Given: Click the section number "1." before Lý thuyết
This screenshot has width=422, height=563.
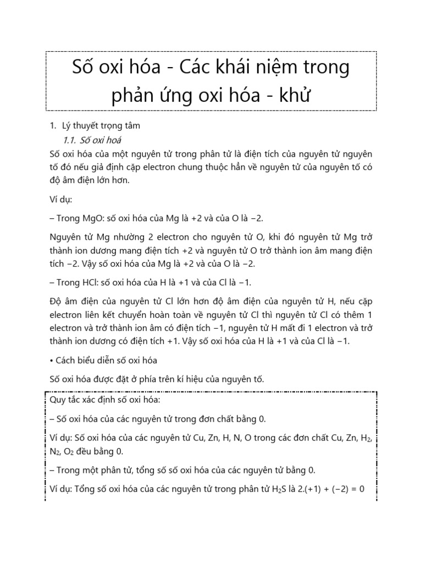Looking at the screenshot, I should tap(47, 125).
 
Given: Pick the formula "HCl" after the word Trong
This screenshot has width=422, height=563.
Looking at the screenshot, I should tap(81, 283).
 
